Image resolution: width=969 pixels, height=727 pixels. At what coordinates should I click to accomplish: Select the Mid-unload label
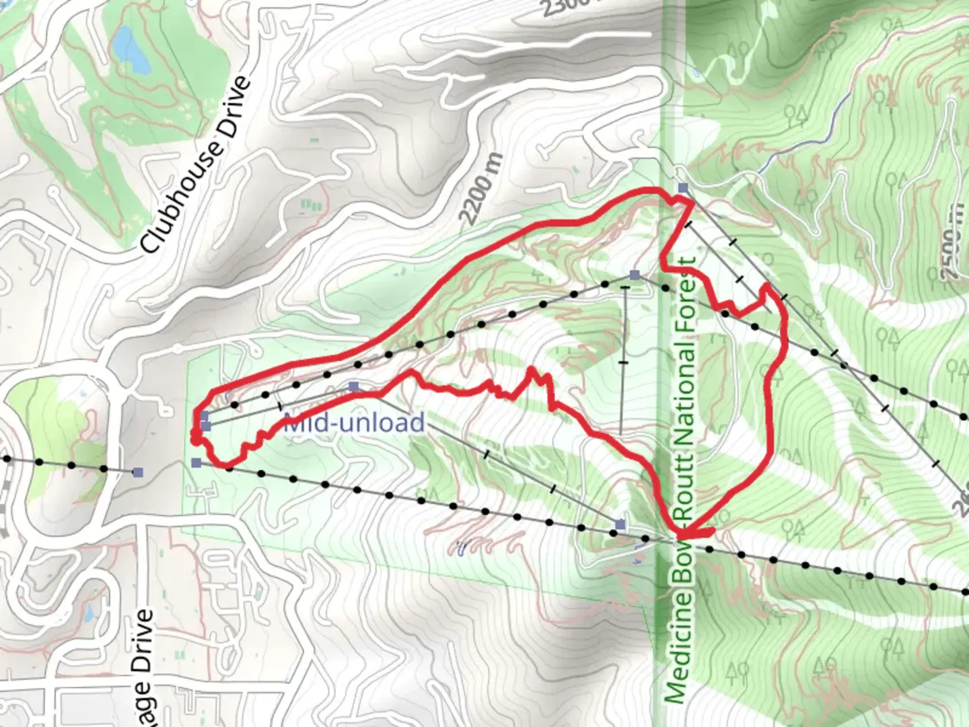click(x=354, y=423)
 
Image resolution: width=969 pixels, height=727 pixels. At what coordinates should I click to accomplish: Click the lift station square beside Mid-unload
click(x=354, y=386)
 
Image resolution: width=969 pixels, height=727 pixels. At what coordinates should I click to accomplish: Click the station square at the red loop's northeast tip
click(x=683, y=188)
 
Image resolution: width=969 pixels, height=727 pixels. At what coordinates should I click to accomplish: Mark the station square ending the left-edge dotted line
click(x=138, y=473)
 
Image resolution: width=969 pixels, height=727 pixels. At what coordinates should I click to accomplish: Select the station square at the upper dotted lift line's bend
click(x=634, y=275)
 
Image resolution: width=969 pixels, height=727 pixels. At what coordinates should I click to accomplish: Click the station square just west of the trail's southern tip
click(x=620, y=524)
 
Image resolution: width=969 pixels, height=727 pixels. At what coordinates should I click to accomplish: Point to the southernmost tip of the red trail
click(x=682, y=534)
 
